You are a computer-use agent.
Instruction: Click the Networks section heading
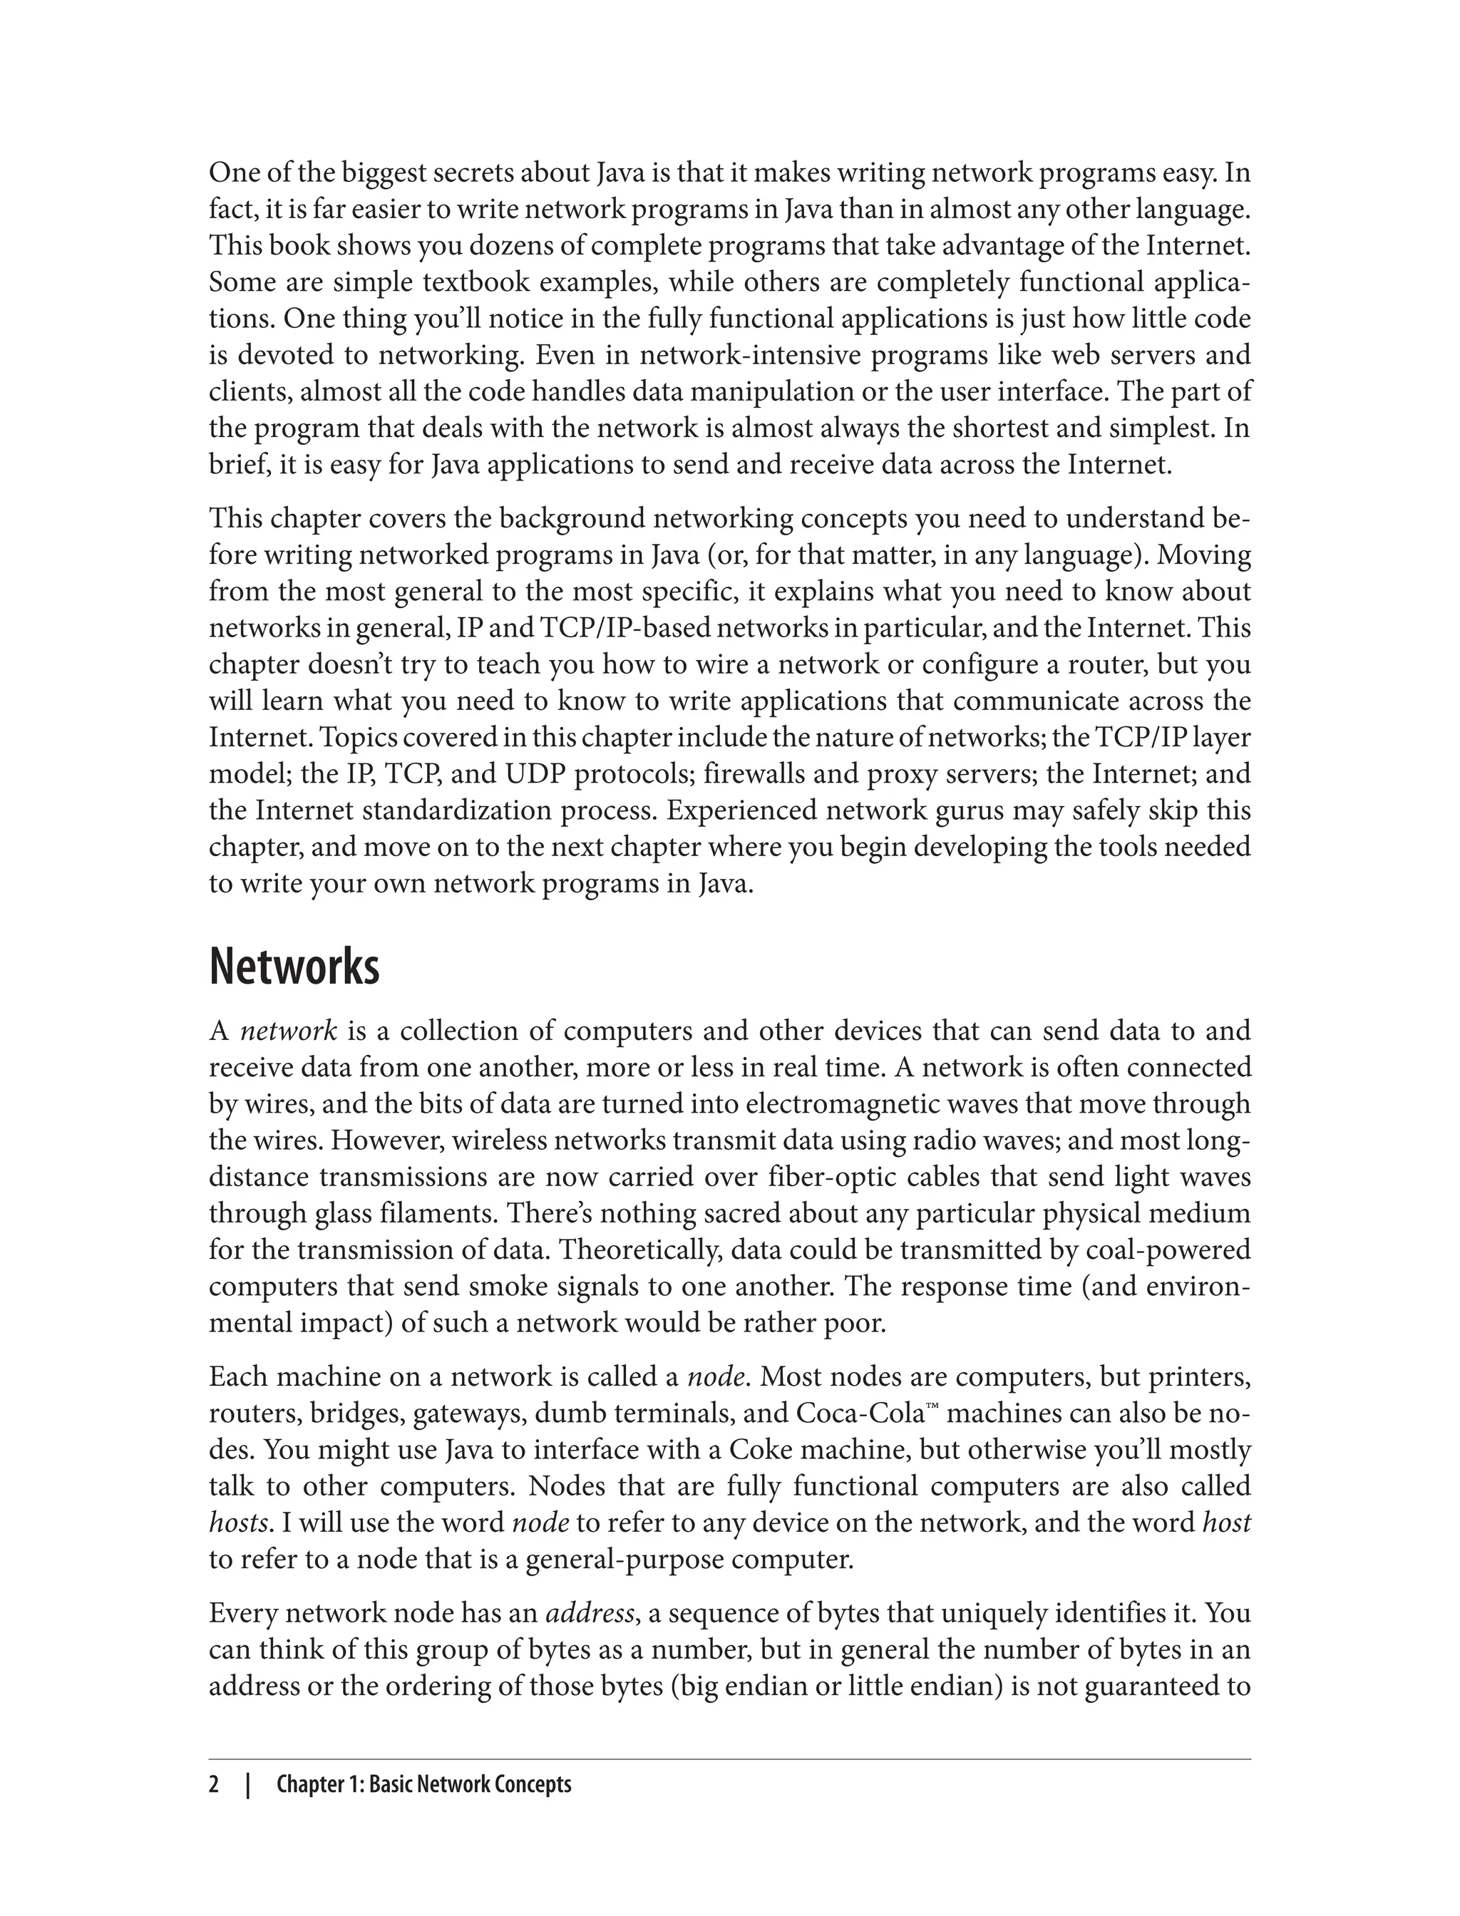pos(294,967)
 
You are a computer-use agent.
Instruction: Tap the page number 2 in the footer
pos(214,1785)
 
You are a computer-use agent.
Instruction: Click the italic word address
pos(590,1614)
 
